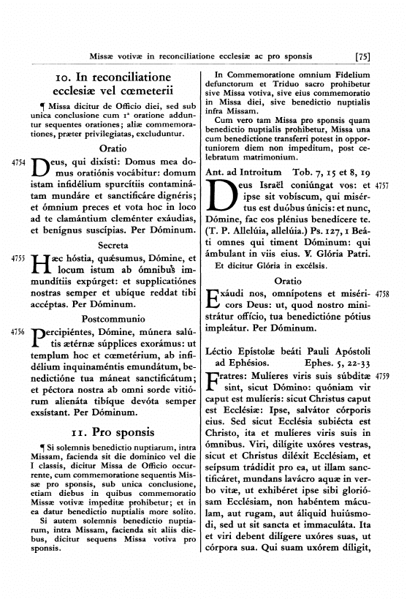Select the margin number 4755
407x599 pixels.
[20, 259]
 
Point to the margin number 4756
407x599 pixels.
[20, 331]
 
